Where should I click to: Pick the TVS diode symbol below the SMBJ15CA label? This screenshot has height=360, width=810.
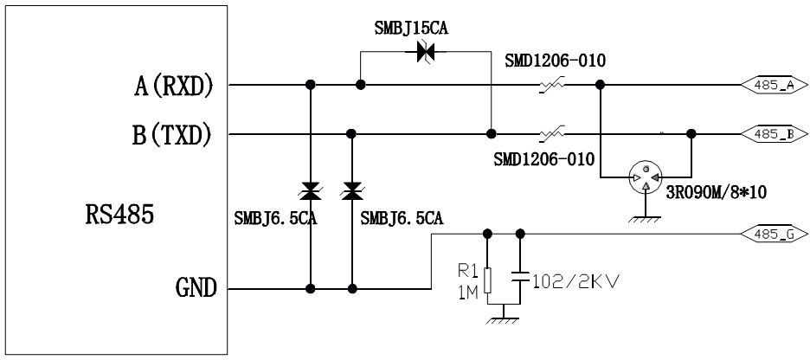coord(424,53)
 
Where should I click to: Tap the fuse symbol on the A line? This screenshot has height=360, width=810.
coord(551,86)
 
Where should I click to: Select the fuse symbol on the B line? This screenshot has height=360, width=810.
coord(551,134)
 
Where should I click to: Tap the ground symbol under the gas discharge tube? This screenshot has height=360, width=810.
coord(646,219)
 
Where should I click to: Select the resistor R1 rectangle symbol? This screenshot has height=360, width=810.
coord(488,279)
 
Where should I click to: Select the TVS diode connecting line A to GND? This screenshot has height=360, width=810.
coord(310,190)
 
